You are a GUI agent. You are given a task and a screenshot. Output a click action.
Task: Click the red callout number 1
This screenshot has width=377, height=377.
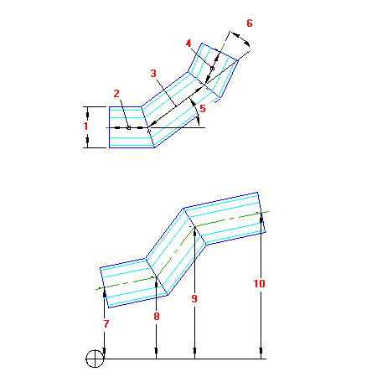[85, 126]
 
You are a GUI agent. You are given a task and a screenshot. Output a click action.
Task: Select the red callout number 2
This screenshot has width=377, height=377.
[116, 94]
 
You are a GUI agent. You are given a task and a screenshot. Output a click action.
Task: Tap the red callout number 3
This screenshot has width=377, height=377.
[153, 74]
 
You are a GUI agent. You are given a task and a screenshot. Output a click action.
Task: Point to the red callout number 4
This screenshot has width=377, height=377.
[188, 44]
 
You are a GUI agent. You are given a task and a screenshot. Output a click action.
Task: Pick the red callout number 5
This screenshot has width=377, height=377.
[203, 109]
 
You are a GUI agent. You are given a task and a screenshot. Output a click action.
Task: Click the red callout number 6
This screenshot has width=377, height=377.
[250, 23]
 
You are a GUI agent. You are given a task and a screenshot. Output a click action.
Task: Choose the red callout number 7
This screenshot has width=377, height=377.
[106, 324]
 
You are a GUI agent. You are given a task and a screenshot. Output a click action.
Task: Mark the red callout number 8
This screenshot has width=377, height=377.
[157, 317]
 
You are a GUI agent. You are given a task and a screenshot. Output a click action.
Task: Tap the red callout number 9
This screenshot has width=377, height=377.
[194, 298]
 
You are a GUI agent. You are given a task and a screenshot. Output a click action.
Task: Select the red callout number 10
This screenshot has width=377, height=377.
[259, 284]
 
